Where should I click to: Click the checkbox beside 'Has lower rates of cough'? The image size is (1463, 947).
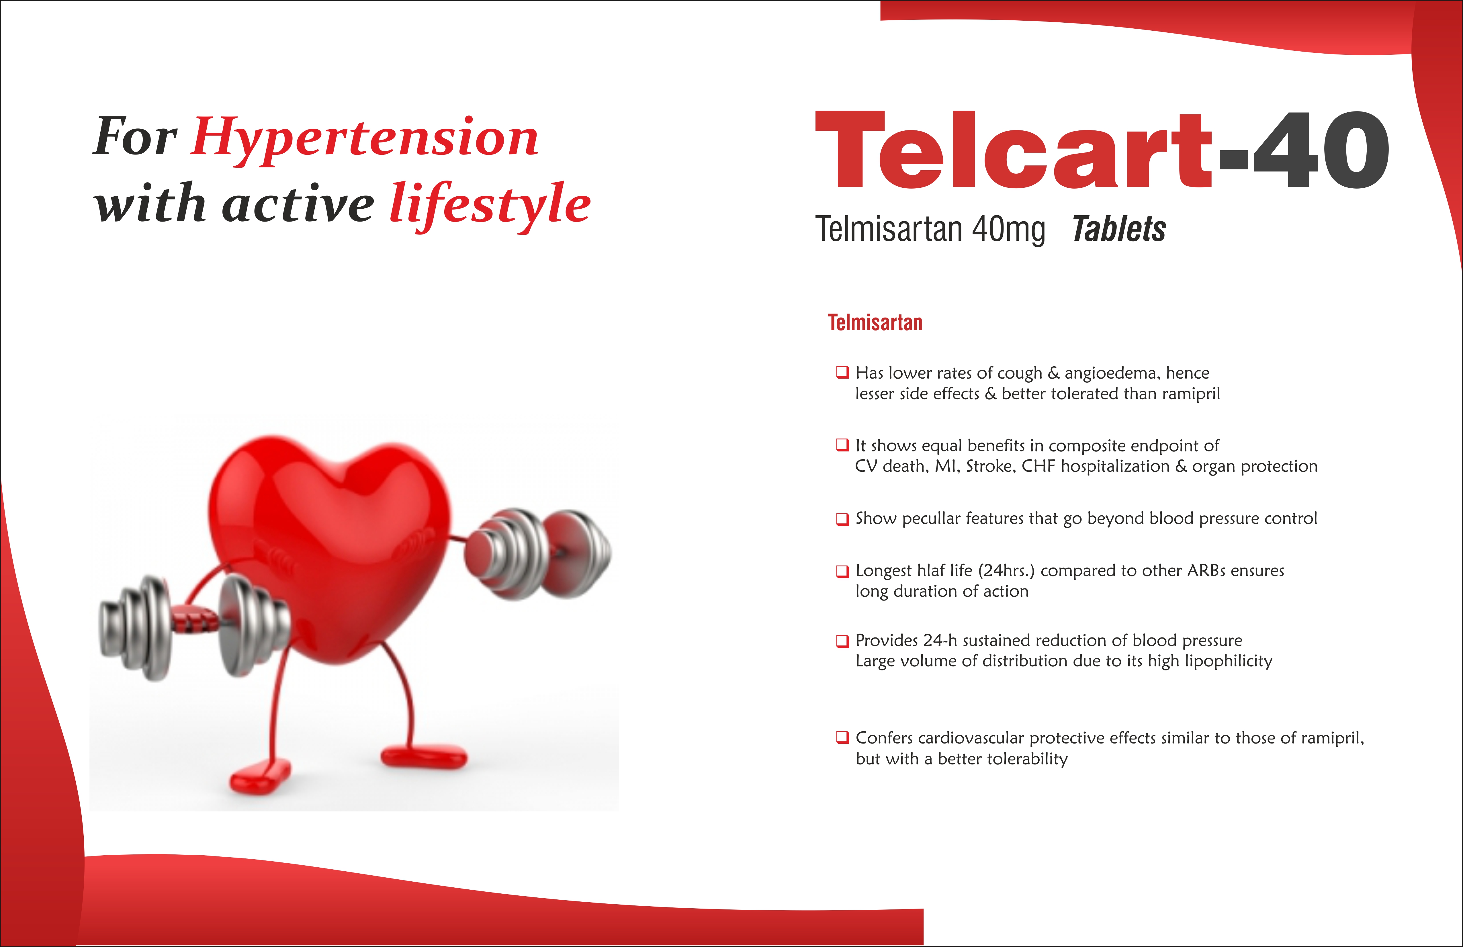coord(842,372)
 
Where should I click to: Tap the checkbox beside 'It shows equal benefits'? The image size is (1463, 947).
coord(842,445)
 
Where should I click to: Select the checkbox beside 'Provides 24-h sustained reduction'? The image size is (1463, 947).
coord(842,641)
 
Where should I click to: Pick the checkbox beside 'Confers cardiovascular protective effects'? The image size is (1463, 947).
coord(842,737)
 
